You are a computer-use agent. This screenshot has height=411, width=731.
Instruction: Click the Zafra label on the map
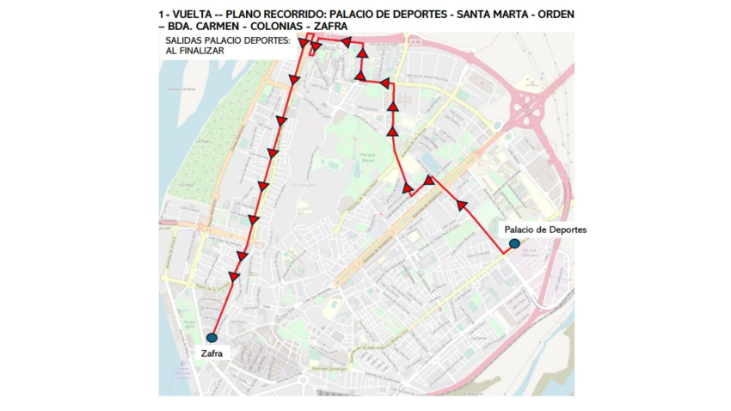tap(211, 352)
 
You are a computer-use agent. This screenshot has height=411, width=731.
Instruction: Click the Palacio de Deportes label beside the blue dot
tap(545, 230)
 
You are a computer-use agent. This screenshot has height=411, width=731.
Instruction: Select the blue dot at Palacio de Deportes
tap(513, 244)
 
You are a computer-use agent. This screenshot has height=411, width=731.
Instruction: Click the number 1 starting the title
tap(162, 15)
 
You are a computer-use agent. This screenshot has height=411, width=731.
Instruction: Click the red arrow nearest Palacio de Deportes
tap(463, 205)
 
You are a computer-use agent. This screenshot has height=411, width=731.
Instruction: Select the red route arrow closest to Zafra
tap(232, 276)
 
